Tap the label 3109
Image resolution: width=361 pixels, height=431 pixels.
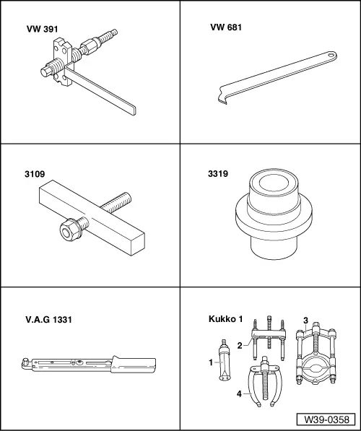[33, 174]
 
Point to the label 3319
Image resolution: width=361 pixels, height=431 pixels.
[218, 174]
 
